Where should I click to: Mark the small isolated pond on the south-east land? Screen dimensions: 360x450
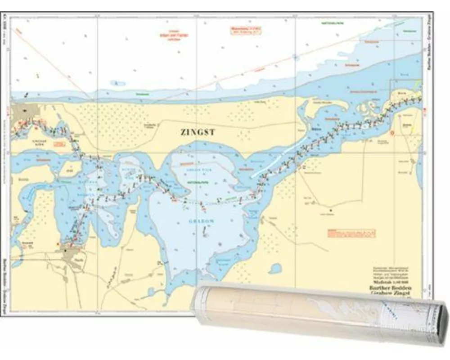(x=275, y=269)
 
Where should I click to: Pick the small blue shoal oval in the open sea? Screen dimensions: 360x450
(x=118, y=83)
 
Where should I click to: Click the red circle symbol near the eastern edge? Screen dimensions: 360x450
(x=392, y=133)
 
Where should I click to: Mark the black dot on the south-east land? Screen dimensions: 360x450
(x=331, y=210)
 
